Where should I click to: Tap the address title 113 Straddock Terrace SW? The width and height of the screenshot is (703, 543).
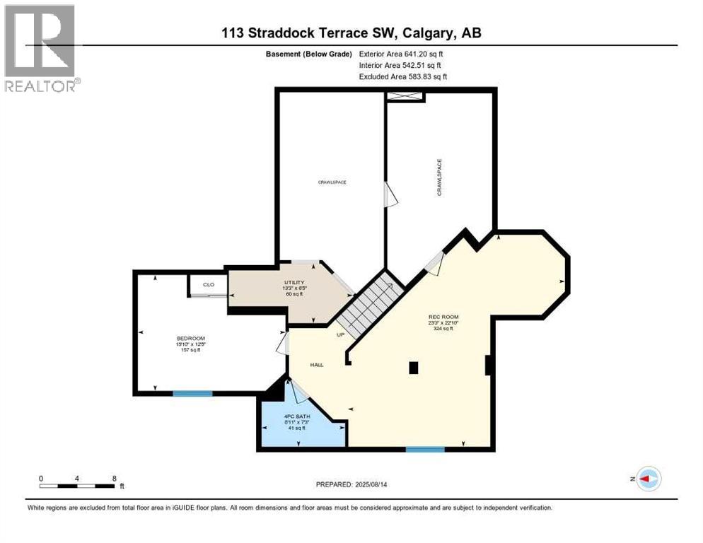coord(351,33)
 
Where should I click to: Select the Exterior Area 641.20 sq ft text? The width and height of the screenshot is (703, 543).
coord(401,53)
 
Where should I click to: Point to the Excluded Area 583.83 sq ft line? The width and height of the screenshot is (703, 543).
coord(402,76)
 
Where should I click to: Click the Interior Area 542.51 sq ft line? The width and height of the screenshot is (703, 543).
coord(401,65)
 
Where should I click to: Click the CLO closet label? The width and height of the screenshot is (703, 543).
coord(209,285)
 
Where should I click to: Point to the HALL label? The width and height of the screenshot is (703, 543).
coord(316,365)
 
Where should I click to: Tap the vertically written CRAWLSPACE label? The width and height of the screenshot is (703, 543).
coord(439,177)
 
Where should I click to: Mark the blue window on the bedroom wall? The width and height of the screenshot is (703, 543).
coord(192,393)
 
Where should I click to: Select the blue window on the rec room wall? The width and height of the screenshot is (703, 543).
coord(425,449)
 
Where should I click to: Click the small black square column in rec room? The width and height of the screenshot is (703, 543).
coord(414,367)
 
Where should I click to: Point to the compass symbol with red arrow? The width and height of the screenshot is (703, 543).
coord(648,479)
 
